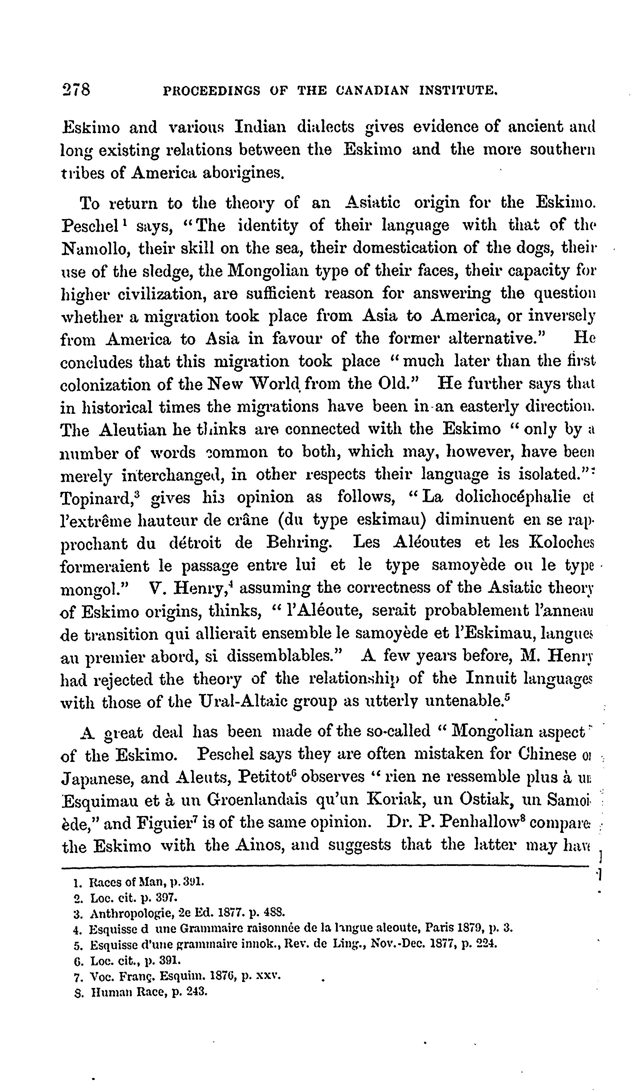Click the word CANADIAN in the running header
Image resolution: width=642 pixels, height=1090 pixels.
372,90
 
